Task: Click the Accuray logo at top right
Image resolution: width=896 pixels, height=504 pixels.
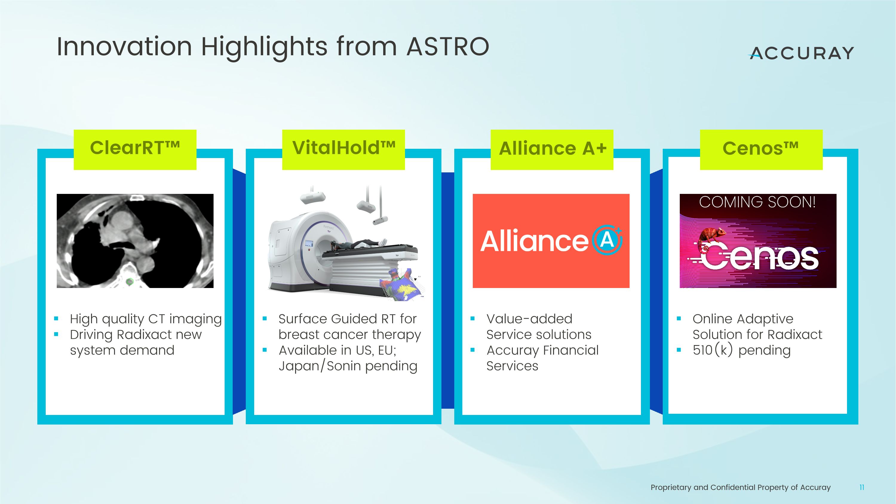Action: [x=801, y=53]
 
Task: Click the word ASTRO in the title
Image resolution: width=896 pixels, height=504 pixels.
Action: [x=448, y=46]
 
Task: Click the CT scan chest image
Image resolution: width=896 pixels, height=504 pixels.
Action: [x=135, y=241]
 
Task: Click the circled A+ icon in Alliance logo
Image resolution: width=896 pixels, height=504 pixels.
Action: [x=607, y=240]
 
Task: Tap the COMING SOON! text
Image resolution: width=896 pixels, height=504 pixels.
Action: [x=757, y=202]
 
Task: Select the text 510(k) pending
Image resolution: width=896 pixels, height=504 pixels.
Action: [x=741, y=350]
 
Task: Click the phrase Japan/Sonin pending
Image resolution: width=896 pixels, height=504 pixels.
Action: [x=348, y=366]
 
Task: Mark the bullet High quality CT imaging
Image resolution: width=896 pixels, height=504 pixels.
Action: [x=145, y=319]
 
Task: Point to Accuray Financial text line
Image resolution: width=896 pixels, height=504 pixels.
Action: [x=542, y=350]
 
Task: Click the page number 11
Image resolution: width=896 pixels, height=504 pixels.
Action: [x=862, y=487]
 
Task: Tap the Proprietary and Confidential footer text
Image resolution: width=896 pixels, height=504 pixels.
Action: [x=740, y=487]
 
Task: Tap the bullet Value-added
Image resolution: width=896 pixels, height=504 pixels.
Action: [x=529, y=319]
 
